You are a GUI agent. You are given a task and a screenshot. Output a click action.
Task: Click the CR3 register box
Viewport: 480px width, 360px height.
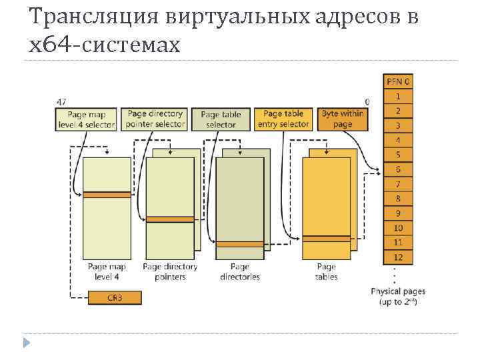(x=114, y=297)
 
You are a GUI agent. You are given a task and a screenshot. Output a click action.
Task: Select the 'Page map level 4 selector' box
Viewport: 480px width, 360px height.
(x=85, y=119)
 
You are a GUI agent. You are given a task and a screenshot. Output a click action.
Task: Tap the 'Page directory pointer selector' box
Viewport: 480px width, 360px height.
(x=155, y=119)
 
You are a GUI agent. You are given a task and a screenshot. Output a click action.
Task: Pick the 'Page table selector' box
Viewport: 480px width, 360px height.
(x=221, y=119)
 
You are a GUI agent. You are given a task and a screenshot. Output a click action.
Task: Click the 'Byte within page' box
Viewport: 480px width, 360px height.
(x=342, y=119)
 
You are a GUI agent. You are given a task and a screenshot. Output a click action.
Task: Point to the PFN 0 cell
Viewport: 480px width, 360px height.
(x=398, y=81)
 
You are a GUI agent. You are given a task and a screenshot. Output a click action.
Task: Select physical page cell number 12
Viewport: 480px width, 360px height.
(x=398, y=257)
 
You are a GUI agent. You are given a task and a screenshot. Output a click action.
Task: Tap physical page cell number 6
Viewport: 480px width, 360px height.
(x=398, y=169)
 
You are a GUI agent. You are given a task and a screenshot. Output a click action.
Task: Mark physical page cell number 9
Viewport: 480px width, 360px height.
(x=398, y=213)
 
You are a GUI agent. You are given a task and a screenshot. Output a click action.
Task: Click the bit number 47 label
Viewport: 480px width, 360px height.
(x=61, y=102)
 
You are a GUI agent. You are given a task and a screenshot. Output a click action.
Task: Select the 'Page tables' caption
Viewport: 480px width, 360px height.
(x=326, y=272)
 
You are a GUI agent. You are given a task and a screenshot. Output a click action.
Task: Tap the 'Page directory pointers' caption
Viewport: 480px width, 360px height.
(x=170, y=272)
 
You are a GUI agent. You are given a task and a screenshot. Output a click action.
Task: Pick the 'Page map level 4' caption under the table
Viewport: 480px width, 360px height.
(x=107, y=272)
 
